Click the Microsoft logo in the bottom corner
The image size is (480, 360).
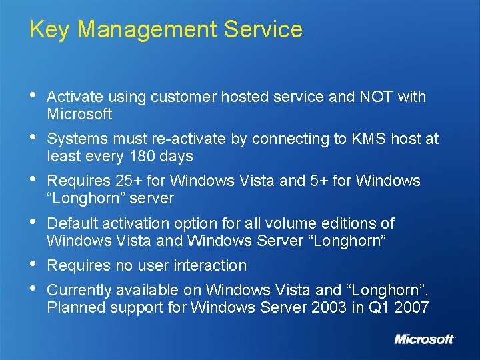(x=425, y=339)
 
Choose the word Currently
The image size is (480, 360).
(x=81, y=290)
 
